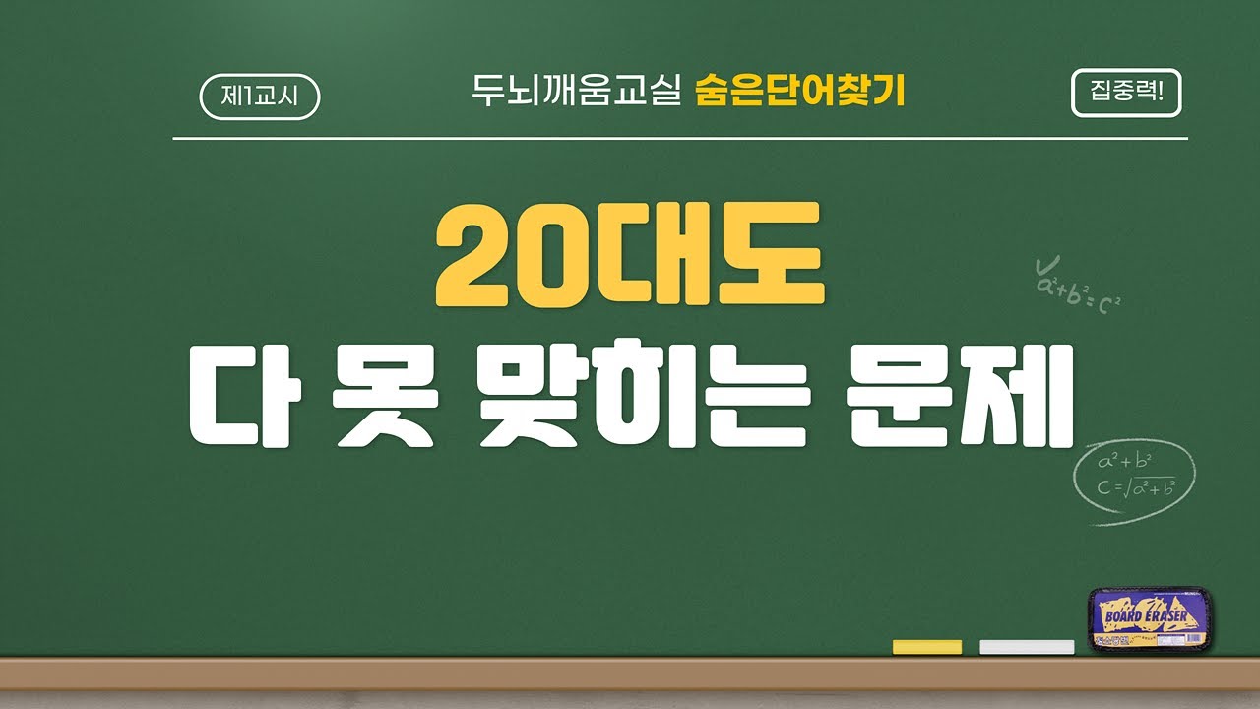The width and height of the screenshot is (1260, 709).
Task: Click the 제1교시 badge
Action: [x=260, y=97]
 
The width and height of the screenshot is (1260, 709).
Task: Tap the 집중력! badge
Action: [x=1125, y=95]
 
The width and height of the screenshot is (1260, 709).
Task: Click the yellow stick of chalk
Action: [x=926, y=647]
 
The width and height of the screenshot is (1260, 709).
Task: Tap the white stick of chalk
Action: [x=1027, y=647]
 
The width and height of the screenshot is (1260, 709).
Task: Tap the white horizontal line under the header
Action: [x=679, y=139]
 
